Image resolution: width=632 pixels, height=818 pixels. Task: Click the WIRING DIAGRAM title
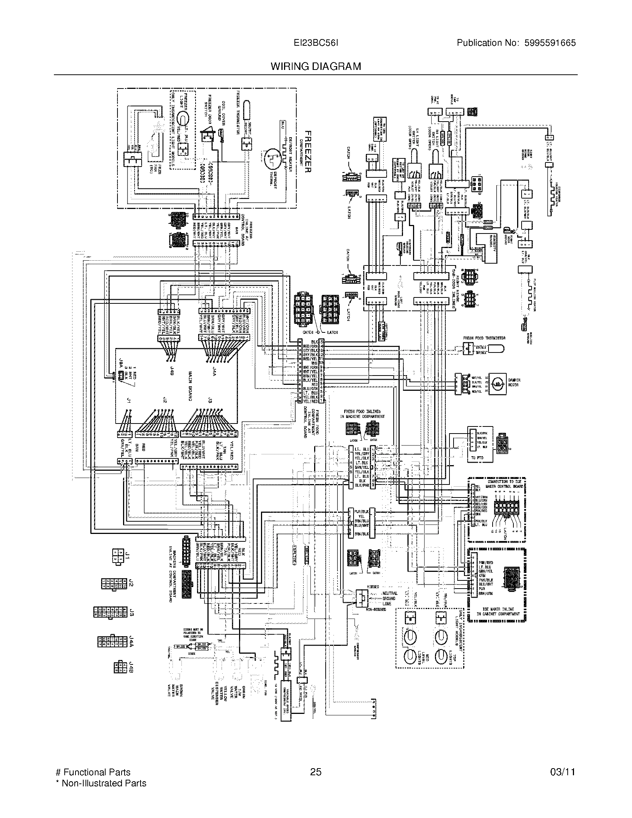click(x=316, y=66)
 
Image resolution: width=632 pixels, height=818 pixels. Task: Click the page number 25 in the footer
click(x=316, y=772)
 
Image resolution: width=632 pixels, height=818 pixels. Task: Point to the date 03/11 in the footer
click(x=562, y=772)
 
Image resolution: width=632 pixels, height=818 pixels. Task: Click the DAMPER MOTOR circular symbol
click(x=497, y=382)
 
